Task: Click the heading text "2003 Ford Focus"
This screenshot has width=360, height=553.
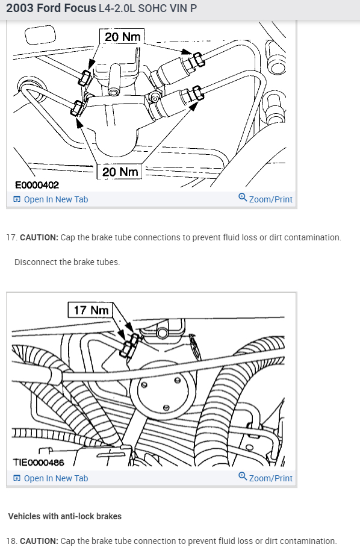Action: [51, 8]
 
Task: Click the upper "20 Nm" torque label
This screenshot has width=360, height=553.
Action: [122, 36]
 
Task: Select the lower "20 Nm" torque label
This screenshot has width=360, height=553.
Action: [120, 172]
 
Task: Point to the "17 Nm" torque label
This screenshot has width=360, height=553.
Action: [91, 310]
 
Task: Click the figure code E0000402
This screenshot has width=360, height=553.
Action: [37, 185]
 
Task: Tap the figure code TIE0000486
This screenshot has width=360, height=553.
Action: [39, 462]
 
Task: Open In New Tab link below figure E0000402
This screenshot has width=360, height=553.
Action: [51, 199]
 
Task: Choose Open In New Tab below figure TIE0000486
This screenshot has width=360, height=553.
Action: [51, 478]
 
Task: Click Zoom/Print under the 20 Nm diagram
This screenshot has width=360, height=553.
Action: [265, 199]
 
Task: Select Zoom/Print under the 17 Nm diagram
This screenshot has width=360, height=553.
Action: [265, 478]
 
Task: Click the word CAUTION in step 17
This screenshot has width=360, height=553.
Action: [39, 237]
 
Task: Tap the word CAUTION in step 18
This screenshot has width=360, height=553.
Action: [39, 541]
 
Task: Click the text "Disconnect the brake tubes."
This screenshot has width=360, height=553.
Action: [67, 262]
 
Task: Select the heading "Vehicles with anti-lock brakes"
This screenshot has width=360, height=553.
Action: [65, 516]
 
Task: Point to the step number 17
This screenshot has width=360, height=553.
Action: [11, 237]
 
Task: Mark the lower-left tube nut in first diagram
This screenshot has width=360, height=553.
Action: [77, 108]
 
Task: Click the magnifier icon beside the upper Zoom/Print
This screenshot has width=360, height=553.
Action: [243, 197]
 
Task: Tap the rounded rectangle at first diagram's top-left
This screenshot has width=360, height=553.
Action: [40, 35]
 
